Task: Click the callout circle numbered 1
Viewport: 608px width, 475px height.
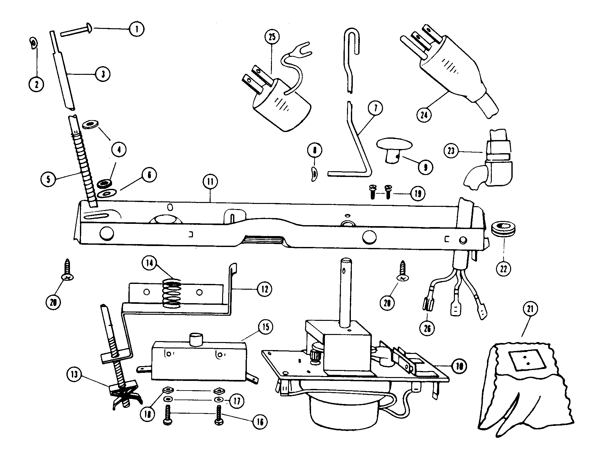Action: [137, 29]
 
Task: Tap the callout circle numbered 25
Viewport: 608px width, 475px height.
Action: [272, 37]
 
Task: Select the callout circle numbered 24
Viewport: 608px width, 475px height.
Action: [424, 114]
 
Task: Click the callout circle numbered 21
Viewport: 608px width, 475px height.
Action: [530, 309]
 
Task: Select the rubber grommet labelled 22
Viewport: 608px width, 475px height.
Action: [503, 228]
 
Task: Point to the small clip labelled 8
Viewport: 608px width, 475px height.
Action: [314, 174]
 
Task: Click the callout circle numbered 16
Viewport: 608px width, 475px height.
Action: [260, 422]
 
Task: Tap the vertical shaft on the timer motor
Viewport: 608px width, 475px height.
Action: [346, 289]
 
